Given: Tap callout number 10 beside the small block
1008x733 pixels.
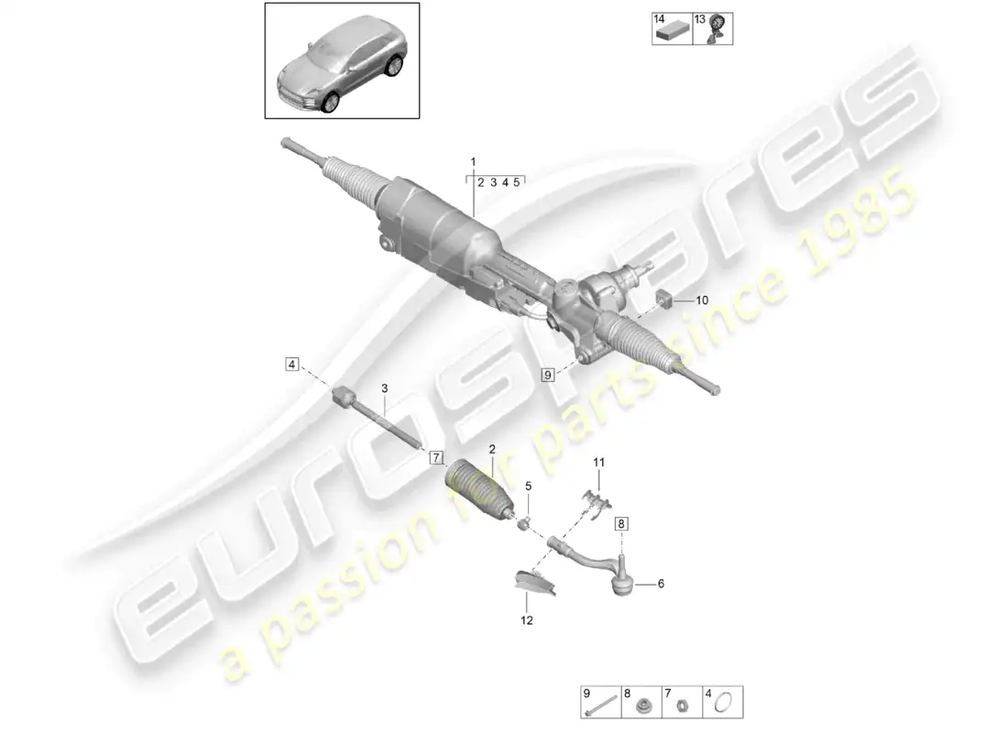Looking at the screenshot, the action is click(703, 300).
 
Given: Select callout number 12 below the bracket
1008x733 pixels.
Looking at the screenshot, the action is click(527, 620).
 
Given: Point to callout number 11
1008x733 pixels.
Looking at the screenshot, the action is click(598, 463).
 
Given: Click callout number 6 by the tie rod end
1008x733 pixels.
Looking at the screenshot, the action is click(661, 583).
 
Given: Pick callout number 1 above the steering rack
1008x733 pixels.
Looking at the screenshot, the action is click(474, 161).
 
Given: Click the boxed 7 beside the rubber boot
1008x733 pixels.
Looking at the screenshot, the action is click(436, 457).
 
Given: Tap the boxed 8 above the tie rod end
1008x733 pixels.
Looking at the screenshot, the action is click(622, 524).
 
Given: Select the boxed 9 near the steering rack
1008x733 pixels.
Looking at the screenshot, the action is click(549, 374).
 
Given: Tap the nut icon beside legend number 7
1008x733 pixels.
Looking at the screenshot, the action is click(682, 705).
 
